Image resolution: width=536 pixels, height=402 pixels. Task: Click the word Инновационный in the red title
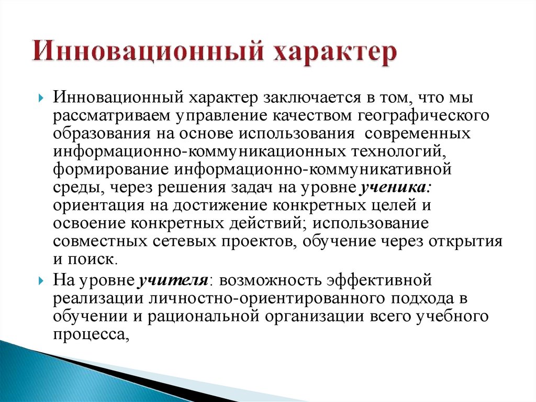pyautogui.click(x=146, y=53)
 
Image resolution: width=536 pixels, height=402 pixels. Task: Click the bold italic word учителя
pyautogui.click(x=173, y=280)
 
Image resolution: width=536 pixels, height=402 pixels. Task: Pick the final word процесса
pyautogui.click(x=90, y=334)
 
